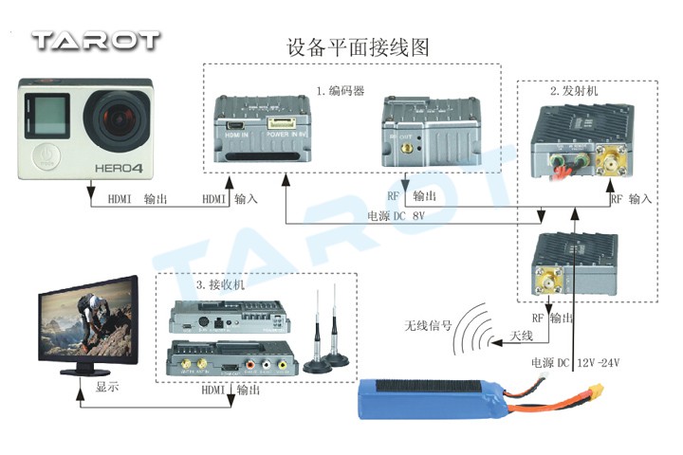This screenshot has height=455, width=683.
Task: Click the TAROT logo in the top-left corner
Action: point(95,40)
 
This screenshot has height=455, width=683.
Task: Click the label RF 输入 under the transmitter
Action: point(630,200)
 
